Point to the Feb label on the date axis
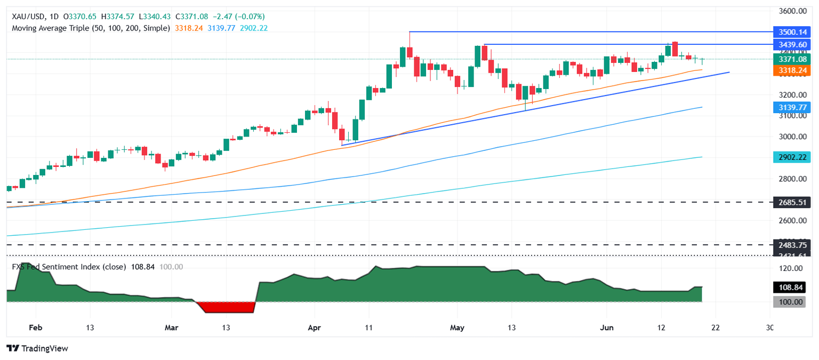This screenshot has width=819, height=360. tap(36, 327)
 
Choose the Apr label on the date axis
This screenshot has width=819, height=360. tap(315, 327)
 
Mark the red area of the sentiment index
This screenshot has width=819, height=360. tap(227, 307)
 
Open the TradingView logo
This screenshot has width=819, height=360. tap(37, 348)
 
